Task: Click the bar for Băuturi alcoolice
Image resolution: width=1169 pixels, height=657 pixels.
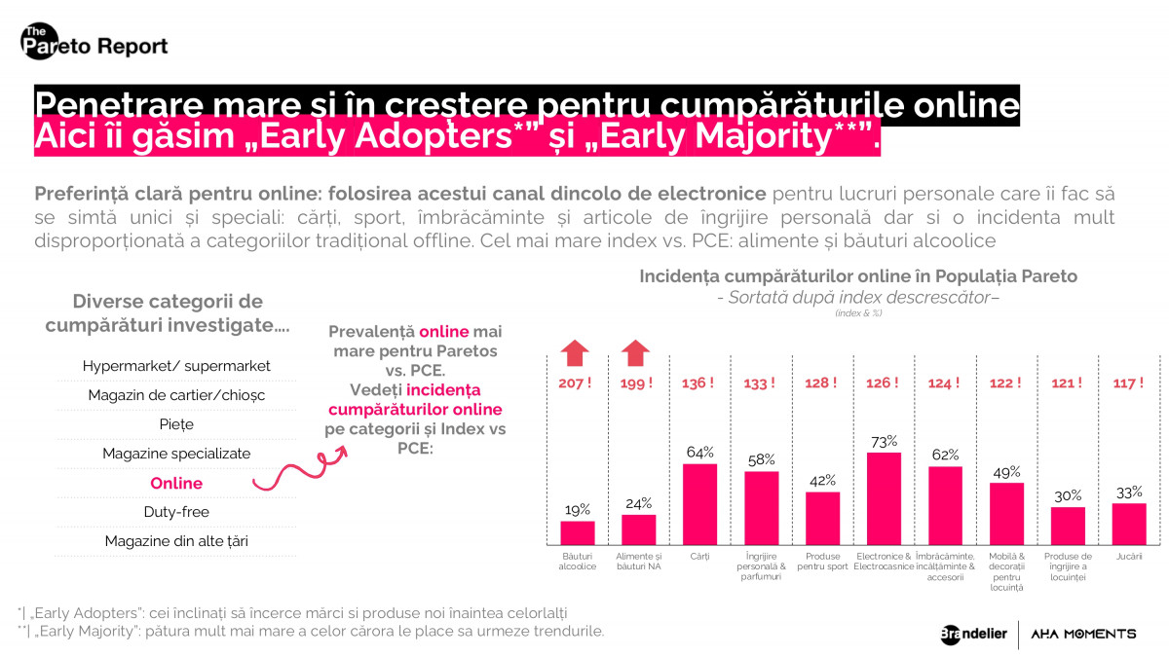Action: pyautogui.click(x=577, y=533)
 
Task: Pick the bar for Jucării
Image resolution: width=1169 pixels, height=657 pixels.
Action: pyautogui.click(x=1128, y=524)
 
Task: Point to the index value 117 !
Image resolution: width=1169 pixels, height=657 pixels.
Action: pyautogui.click(x=1128, y=383)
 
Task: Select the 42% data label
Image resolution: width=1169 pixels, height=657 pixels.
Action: pyautogui.click(x=822, y=480)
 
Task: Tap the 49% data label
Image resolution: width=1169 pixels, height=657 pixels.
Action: pyautogui.click(x=1006, y=471)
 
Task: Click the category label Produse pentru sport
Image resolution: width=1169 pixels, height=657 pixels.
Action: pyautogui.click(x=822, y=562)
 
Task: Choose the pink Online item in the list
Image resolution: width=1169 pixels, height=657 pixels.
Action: pyautogui.click(x=176, y=484)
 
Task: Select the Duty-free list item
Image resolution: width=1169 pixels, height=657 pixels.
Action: pyautogui.click(x=176, y=512)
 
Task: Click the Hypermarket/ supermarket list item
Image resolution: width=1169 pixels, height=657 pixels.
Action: pyautogui.click(x=176, y=366)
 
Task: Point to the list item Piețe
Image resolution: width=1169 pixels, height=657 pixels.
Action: pyautogui.click(x=176, y=424)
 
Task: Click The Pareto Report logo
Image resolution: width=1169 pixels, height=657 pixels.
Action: pyautogui.click(x=94, y=43)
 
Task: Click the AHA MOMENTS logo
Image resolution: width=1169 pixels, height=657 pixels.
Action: pyautogui.click(x=1083, y=634)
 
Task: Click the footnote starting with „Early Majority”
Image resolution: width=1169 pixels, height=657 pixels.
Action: pyautogui.click(x=311, y=631)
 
